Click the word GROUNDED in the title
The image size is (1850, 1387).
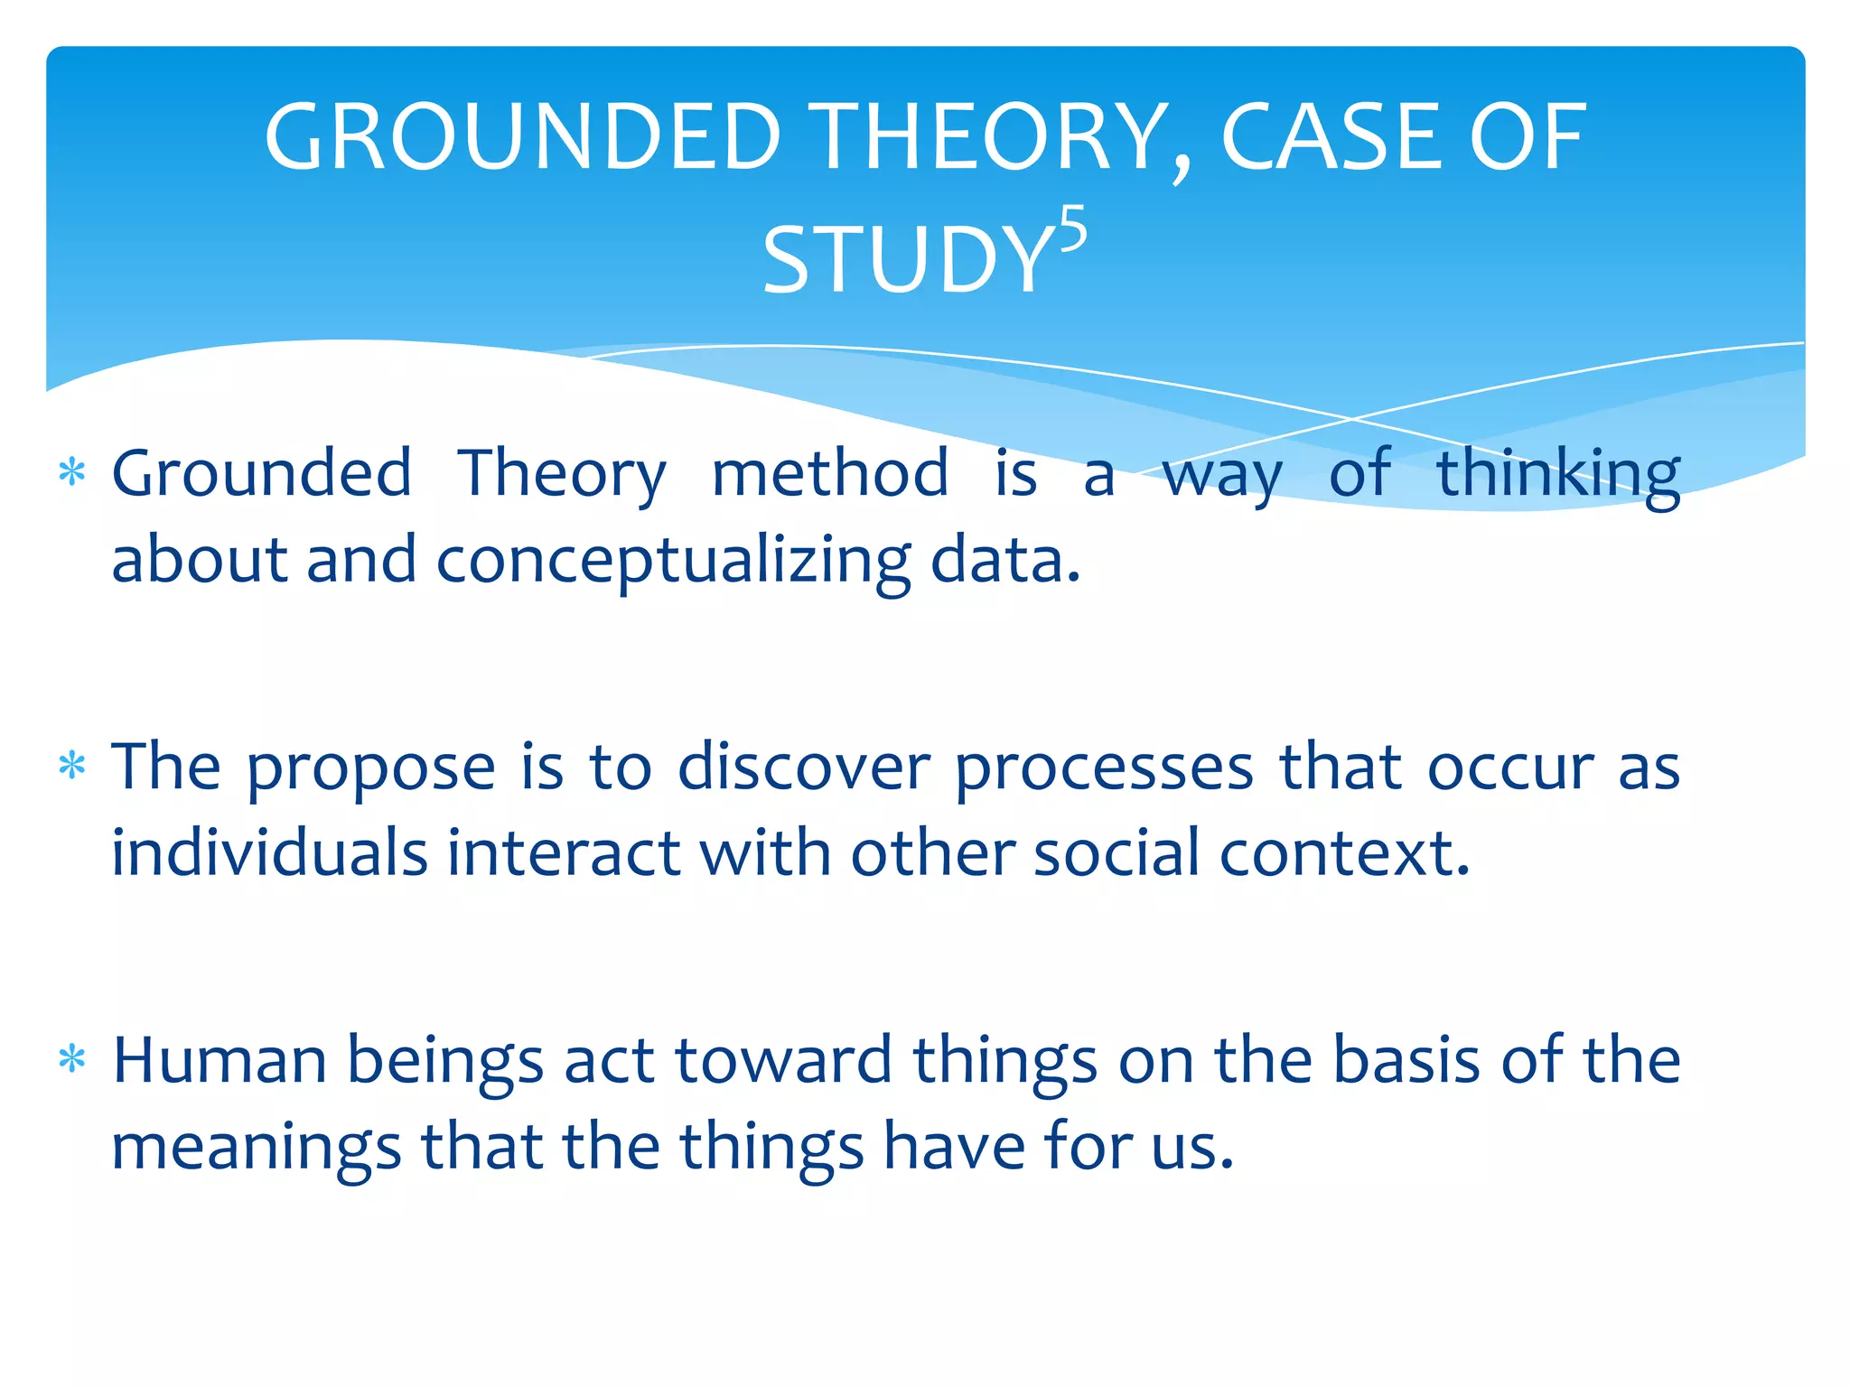point(522,137)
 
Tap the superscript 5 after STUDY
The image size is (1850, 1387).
point(1072,231)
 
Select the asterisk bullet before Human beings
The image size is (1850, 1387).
point(72,1059)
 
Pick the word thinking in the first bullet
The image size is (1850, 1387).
point(1557,473)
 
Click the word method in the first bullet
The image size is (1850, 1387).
point(829,473)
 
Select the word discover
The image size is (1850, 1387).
point(803,768)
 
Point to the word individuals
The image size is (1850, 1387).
point(268,853)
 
